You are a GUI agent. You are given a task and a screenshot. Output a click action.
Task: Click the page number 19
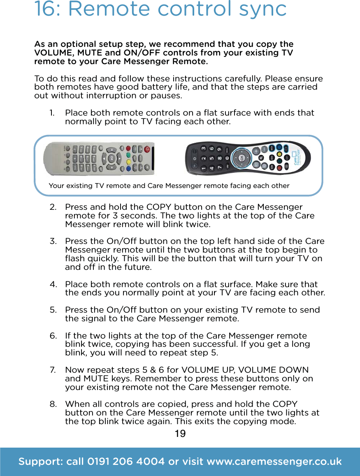(x=180, y=433)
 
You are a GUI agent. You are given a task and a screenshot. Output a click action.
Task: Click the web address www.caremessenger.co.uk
(x=274, y=462)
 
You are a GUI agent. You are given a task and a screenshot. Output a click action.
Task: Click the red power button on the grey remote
(x=147, y=149)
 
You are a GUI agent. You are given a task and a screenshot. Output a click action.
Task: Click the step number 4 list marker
(x=53, y=284)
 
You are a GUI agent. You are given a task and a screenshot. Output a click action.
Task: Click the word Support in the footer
(x=39, y=462)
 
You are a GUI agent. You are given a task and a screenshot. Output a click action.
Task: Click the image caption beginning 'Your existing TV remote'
(x=169, y=186)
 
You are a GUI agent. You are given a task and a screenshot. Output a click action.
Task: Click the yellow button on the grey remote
(x=128, y=162)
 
